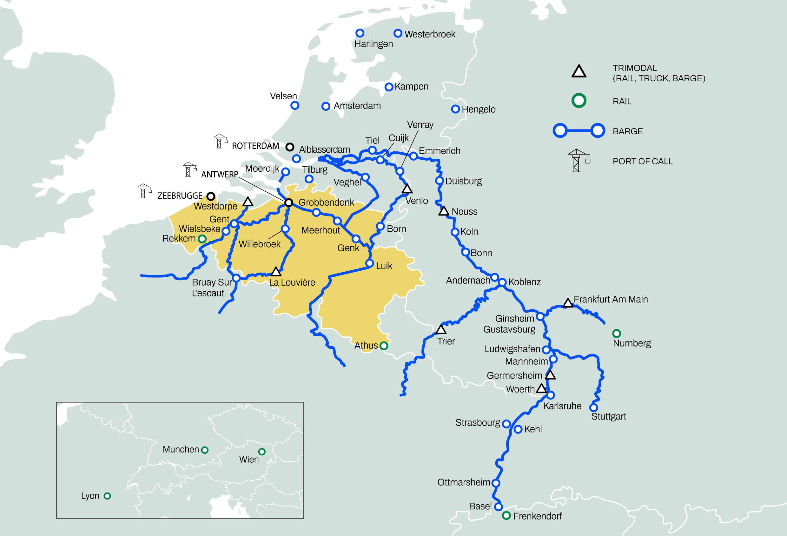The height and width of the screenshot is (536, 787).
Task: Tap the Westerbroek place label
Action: click(430, 34)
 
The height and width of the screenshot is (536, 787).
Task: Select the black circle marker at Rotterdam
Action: click(289, 147)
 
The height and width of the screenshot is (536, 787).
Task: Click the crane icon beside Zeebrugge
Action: click(145, 191)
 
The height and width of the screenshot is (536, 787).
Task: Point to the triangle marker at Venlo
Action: click(407, 189)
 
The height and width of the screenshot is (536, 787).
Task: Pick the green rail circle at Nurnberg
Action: click(616, 334)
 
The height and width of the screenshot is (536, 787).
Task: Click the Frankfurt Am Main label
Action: click(611, 299)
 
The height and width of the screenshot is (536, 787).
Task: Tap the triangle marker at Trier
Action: click(441, 329)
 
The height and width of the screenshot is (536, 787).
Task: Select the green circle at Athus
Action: click(384, 346)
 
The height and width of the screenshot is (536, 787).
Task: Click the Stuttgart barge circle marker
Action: click(594, 407)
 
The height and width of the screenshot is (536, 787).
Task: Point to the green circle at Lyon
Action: click(107, 496)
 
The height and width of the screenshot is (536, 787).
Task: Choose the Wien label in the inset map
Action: click(249, 460)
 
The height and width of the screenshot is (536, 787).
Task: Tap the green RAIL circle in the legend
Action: click(579, 101)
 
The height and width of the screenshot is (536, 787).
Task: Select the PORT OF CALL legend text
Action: click(642, 162)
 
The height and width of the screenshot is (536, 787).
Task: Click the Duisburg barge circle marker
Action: click(439, 181)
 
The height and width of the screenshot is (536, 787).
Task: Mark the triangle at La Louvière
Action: click(276, 272)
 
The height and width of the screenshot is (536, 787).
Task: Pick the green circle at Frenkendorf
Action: click(506, 516)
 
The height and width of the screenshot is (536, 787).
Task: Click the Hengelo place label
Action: click(479, 109)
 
